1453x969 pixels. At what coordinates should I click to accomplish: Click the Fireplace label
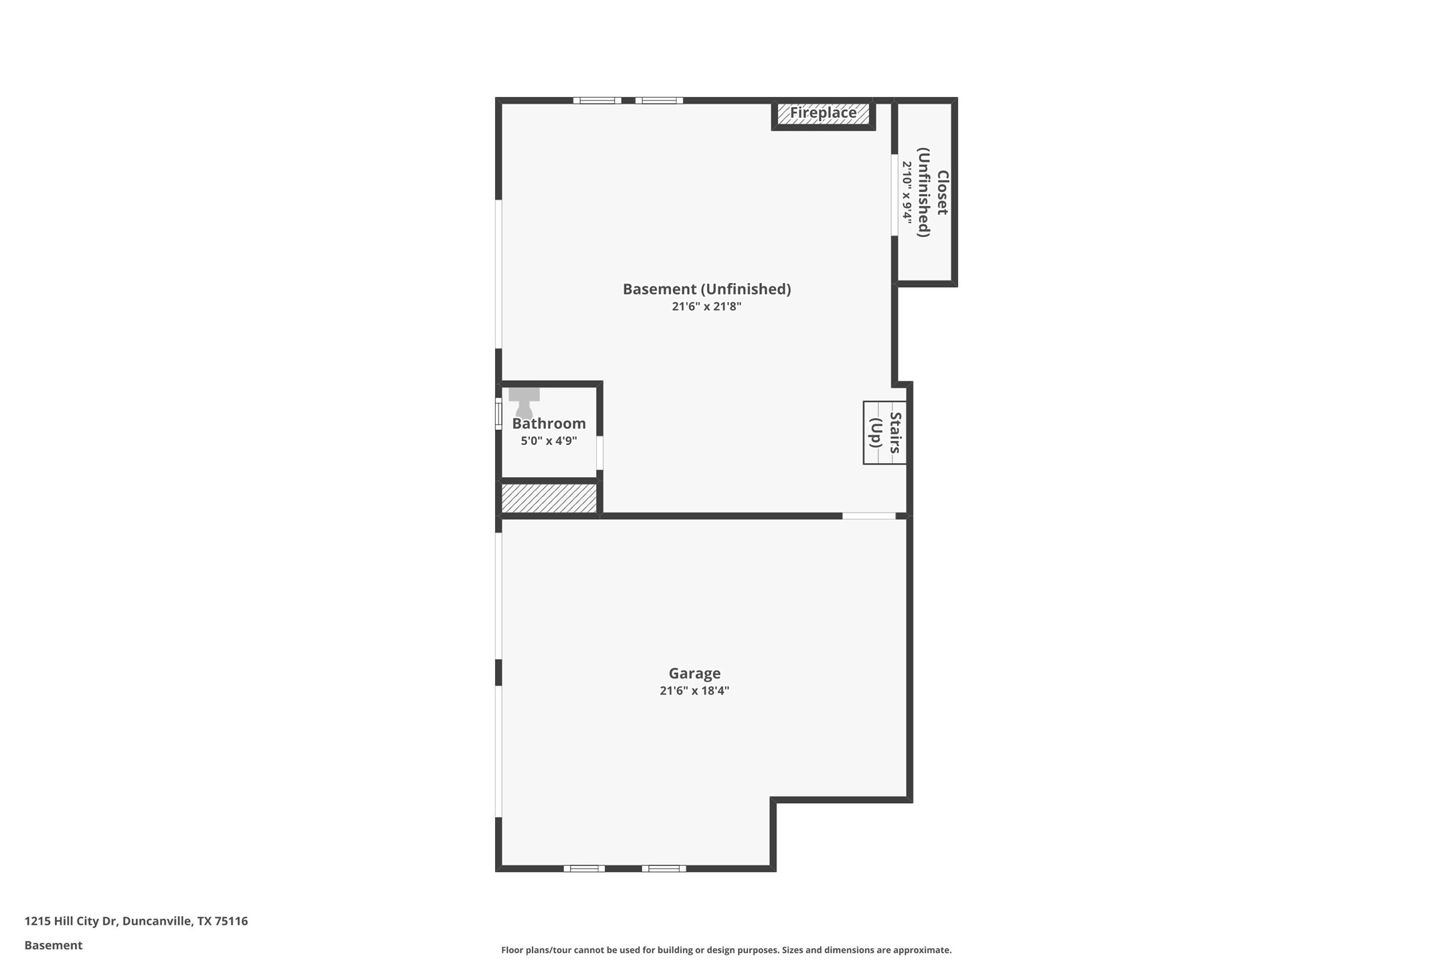[x=823, y=113]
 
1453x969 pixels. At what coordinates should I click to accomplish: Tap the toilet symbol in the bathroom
[x=524, y=402]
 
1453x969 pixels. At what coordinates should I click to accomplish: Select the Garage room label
[x=694, y=673]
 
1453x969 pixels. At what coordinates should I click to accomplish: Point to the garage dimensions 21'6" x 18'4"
[x=694, y=691]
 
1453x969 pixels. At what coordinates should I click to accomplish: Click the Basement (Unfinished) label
[x=706, y=289]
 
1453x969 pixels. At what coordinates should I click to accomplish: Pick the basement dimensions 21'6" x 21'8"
[x=706, y=306]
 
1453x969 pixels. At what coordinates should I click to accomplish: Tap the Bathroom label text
[x=549, y=424]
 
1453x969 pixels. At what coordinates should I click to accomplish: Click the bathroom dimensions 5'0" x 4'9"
[x=549, y=441]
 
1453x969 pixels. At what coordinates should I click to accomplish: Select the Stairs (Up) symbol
[x=884, y=432]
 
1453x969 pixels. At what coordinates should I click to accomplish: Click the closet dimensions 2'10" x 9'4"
[x=907, y=193]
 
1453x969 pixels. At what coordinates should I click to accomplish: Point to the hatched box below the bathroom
[x=549, y=498]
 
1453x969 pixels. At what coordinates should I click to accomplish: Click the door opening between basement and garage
[x=868, y=516]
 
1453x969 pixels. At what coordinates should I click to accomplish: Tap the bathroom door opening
[x=599, y=453]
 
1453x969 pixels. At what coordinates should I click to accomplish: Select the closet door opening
[x=894, y=195]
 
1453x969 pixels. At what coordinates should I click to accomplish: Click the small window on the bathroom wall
[x=498, y=413]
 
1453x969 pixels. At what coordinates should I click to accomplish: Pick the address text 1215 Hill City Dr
[x=71, y=921]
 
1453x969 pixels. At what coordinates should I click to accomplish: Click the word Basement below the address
[x=54, y=946]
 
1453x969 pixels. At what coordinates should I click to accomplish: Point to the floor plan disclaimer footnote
[x=726, y=950]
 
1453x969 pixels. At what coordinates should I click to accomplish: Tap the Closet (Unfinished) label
[x=933, y=193]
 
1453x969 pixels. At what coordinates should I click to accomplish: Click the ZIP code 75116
[x=231, y=921]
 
